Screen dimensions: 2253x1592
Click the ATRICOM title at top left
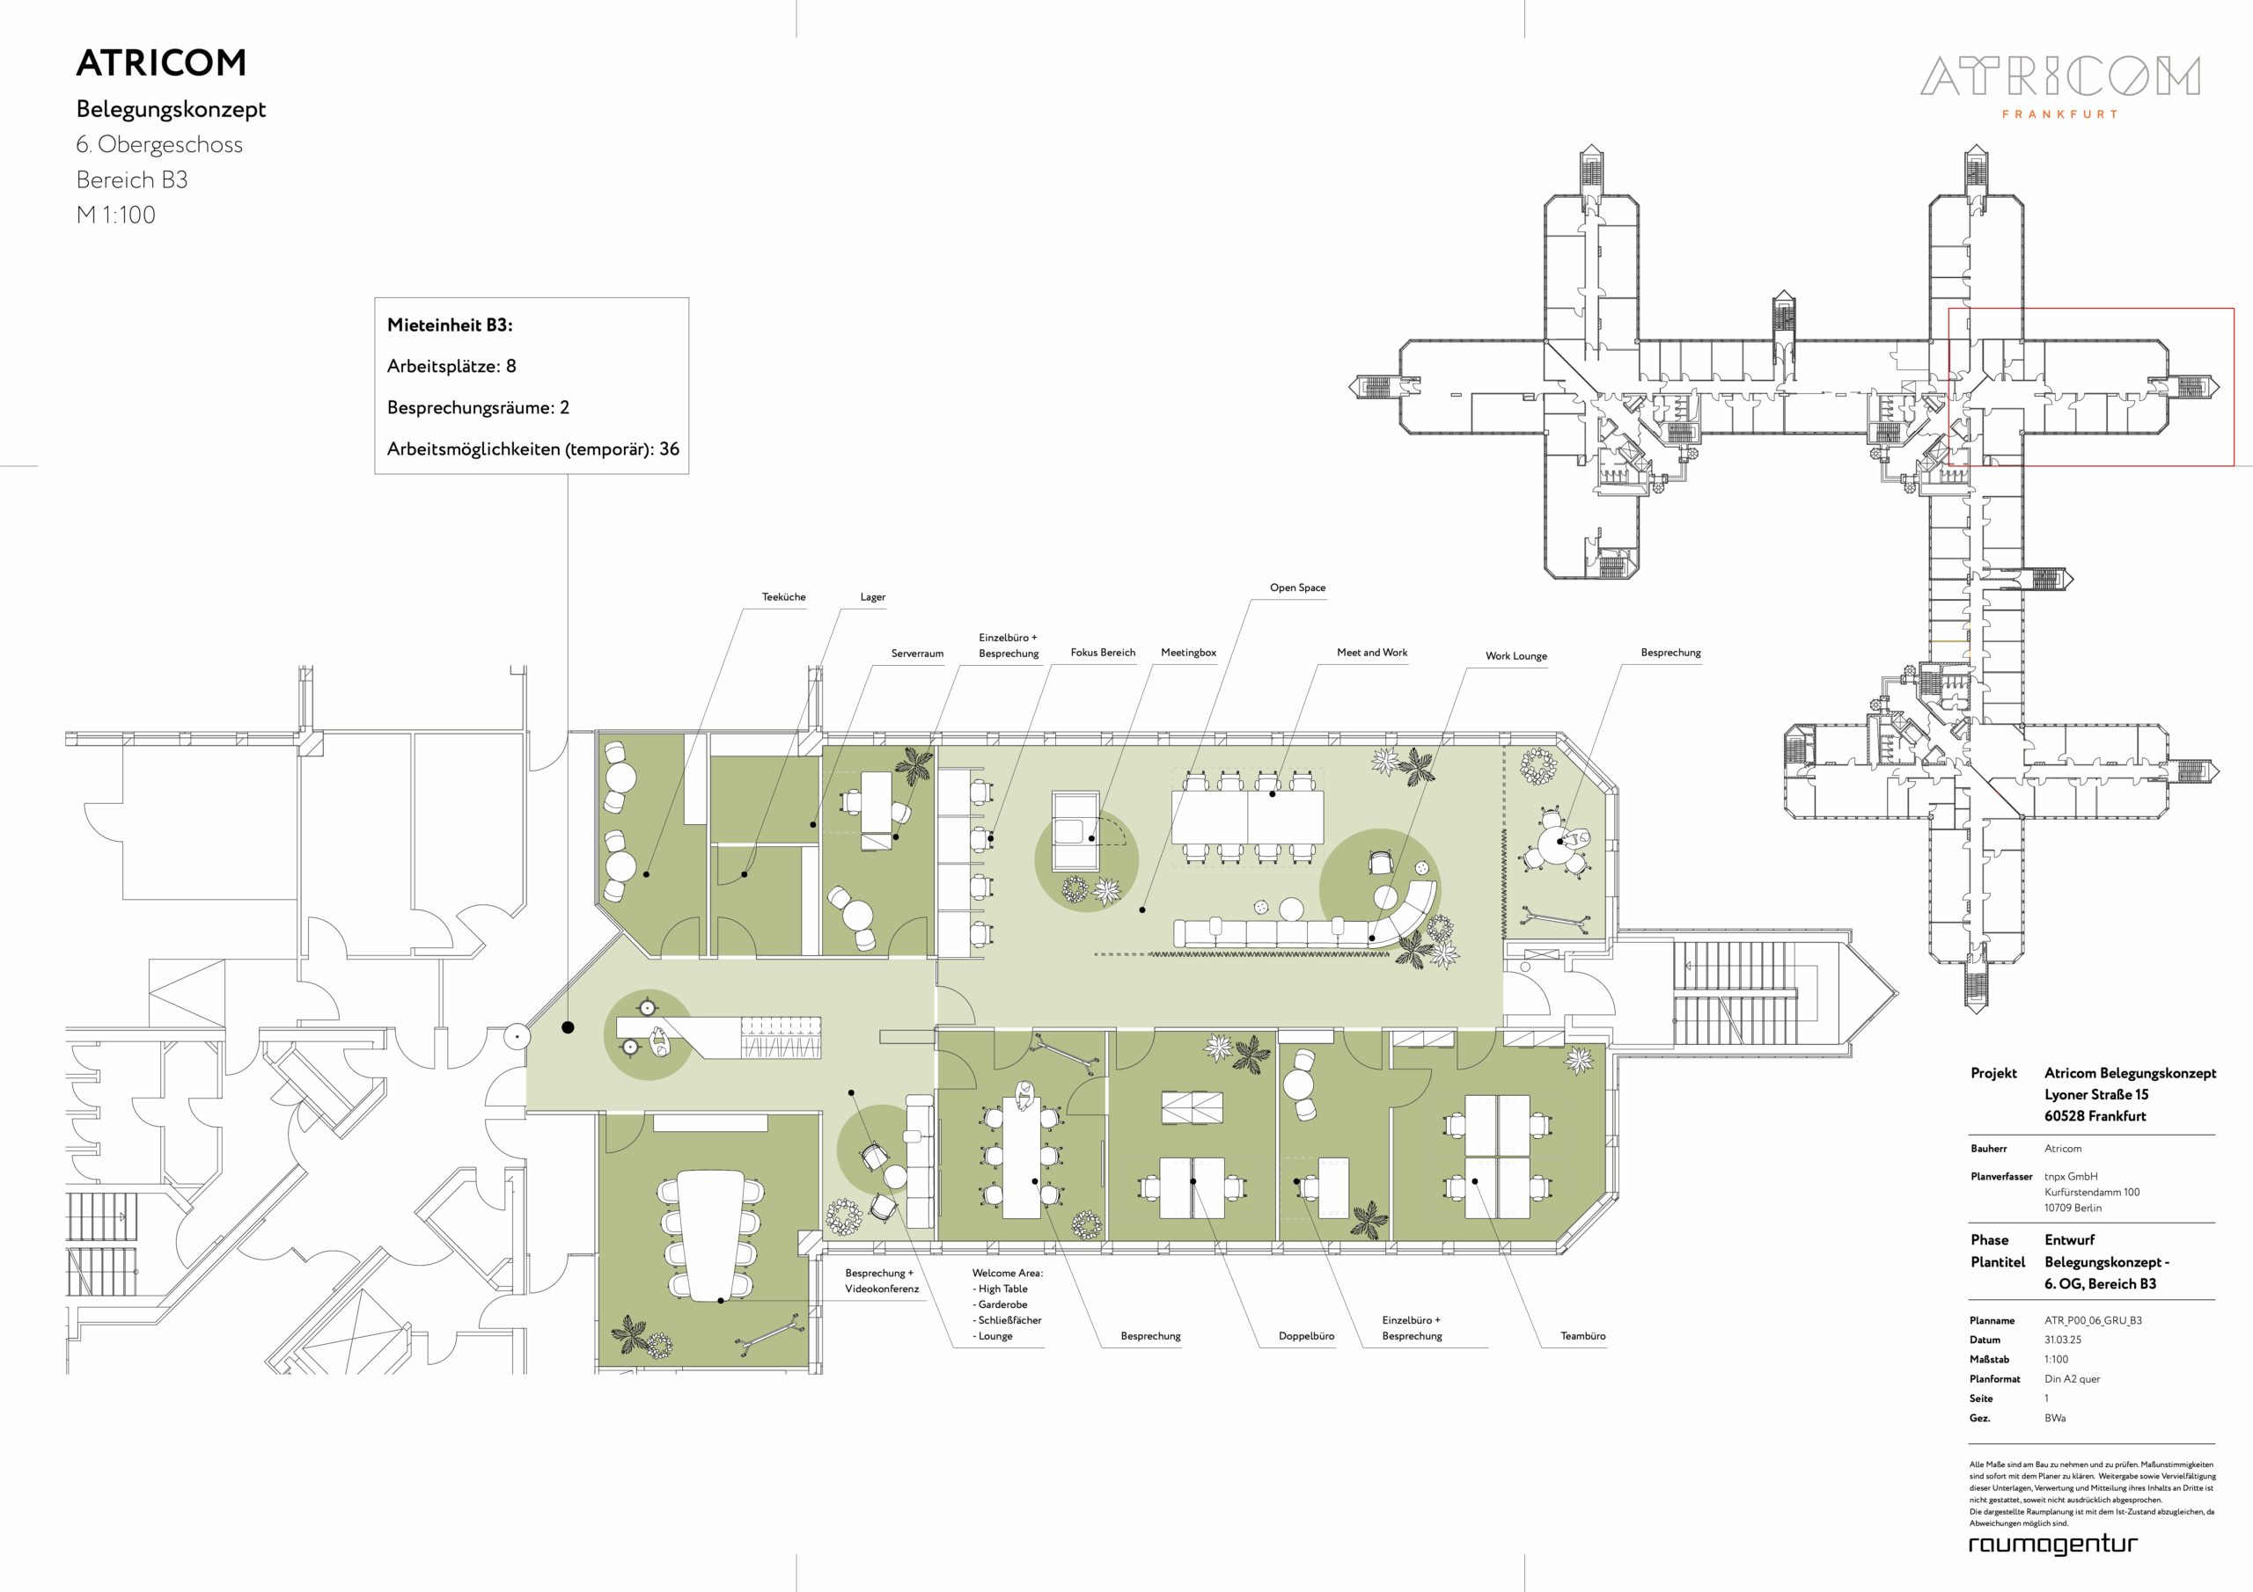click(x=161, y=62)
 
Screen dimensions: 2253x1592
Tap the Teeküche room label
click(x=783, y=596)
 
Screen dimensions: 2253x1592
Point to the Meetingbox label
click(x=1188, y=653)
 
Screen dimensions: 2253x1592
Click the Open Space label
click(x=1297, y=588)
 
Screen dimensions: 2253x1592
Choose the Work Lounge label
click(x=1516, y=656)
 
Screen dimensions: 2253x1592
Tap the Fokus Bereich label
click(x=1103, y=653)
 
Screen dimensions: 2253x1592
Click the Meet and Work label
click(x=1372, y=653)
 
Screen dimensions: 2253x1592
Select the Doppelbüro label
click(x=1306, y=1336)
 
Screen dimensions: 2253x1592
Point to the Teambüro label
click(x=1582, y=1336)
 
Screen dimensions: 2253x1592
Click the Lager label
click(x=872, y=596)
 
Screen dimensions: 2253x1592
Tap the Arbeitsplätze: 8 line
click(x=451, y=366)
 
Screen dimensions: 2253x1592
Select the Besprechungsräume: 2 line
click(x=478, y=407)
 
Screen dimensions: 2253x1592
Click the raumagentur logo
click(x=2053, y=1544)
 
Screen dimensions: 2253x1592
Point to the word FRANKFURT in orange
click(x=2059, y=113)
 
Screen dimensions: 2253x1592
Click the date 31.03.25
click(x=2063, y=1340)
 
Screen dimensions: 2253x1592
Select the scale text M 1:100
click(x=116, y=215)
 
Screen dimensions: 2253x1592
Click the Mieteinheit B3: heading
click(x=450, y=325)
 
